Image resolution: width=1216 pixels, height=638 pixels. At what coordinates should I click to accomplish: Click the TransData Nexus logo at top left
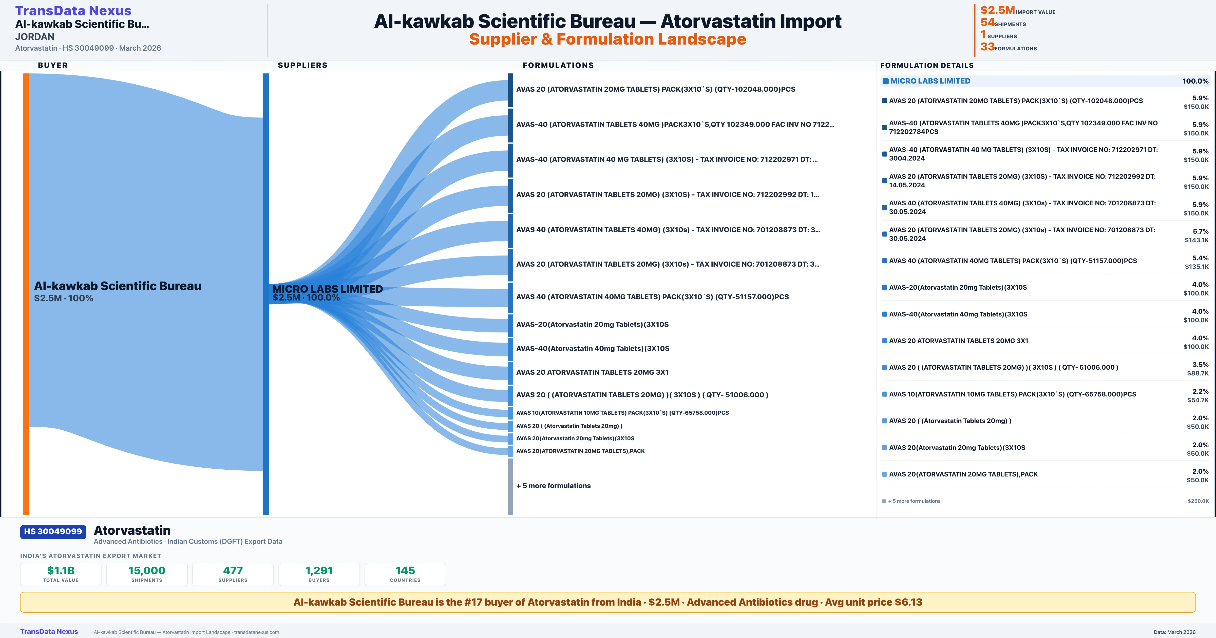pyautogui.click(x=73, y=10)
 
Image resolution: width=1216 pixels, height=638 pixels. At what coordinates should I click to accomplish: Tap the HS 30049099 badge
pyautogui.click(x=53, y=532)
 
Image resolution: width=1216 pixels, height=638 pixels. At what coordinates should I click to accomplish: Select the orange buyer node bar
pyautogui.click(x=26, y=293)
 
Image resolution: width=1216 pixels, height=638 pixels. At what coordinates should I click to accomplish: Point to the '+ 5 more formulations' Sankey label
pyautogui.click(x=553, y=486)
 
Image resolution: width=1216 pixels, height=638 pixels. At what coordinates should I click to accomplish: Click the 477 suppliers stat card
pyautogui.click(x=233, y=574)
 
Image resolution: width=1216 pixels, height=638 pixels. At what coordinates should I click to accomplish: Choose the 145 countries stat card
pyautogui.click(x=405, y=574)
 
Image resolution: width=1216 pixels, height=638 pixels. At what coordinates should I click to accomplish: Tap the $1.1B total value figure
pyautogui.click(x=61, y=570)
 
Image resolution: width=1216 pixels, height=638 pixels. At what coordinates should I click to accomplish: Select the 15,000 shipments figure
pyautogui.click(x=147, y=570)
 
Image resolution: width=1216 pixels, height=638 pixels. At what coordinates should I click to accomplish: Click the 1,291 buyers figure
pyautogui.click(x=319, y=570)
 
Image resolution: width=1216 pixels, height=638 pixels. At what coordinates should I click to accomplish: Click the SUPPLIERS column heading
pyautogui.click(x=302, y=65)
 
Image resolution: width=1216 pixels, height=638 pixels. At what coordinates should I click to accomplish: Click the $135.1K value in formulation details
pyautogui.click(x=1197, y=267)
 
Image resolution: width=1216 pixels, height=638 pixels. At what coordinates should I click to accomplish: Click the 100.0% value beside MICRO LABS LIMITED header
pyautogui.click(x=1195, y=81)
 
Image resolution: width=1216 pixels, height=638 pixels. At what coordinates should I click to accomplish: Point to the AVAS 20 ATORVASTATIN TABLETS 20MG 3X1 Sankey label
pyautogui.click(x=593, y=372)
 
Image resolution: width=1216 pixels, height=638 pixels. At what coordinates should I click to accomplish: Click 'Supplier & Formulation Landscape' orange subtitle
pyautogui.click(x=607, y=39)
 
